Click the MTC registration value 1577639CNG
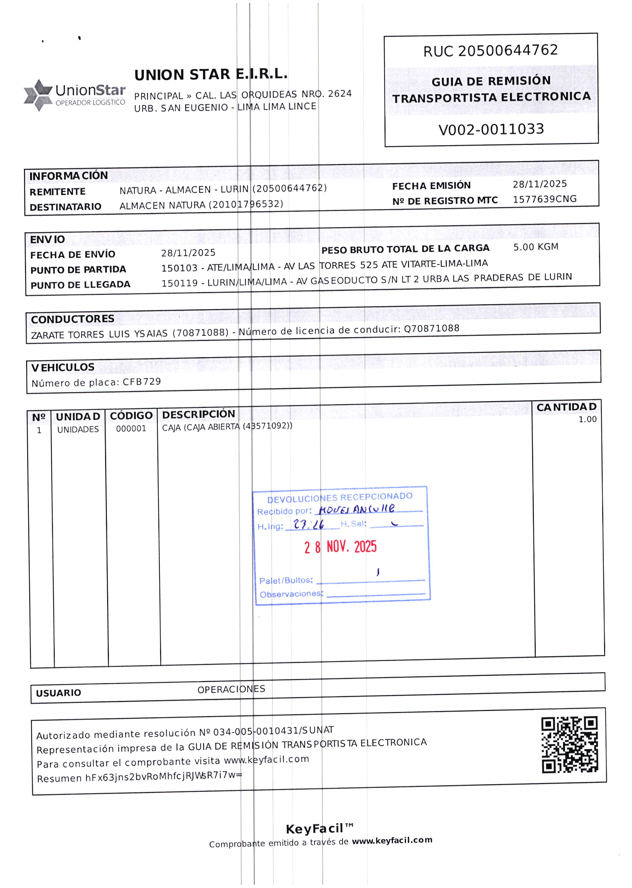544,199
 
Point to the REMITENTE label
58,192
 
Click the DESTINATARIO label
65,207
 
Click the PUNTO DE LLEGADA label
80,285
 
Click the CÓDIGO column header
131,416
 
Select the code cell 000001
131,429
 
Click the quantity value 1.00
587,419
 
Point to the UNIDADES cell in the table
78,429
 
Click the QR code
570,744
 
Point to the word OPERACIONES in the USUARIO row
231,689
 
